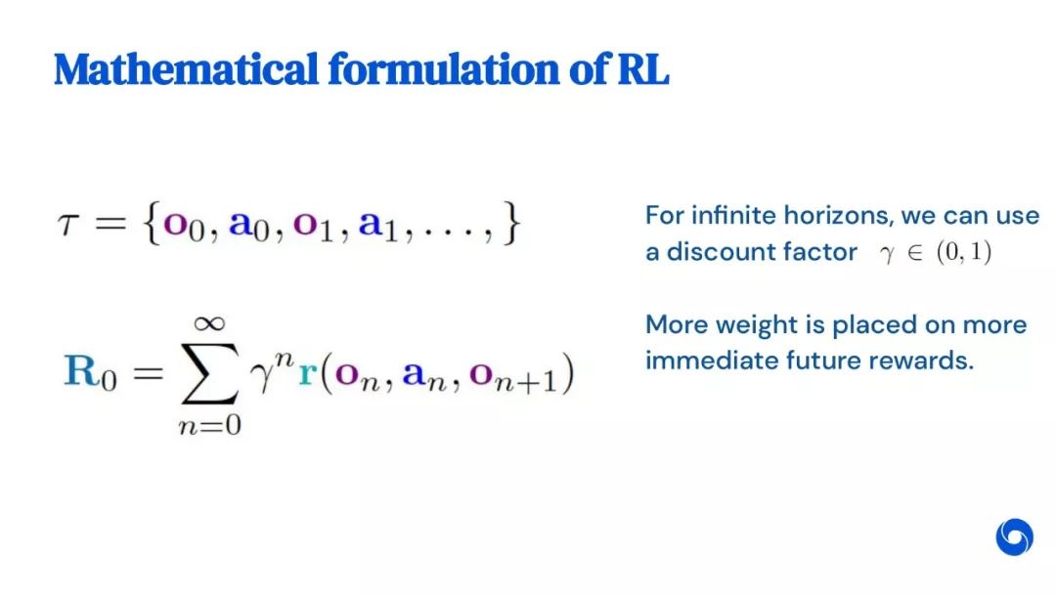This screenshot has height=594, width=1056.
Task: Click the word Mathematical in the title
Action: coord(186,68)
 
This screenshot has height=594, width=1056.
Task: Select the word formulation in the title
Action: coord(444,68)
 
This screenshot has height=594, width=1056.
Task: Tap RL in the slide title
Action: coord(643,68)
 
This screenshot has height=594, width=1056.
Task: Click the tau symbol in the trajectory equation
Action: coord(68,224)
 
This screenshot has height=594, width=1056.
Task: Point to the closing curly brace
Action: coord(512,224)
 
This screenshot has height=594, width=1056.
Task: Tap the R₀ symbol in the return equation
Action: coord(90,372)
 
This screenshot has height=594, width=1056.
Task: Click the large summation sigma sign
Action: coord(209,372)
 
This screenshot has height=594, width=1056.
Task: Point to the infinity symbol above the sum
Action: coord(209,323)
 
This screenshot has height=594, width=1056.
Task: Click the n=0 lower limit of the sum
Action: coord(209,425)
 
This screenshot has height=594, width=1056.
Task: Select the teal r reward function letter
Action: coord(307,373)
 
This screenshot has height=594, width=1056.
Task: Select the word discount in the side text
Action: coord(714,252)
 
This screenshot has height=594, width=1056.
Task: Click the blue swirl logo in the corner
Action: coord(1014,536)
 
